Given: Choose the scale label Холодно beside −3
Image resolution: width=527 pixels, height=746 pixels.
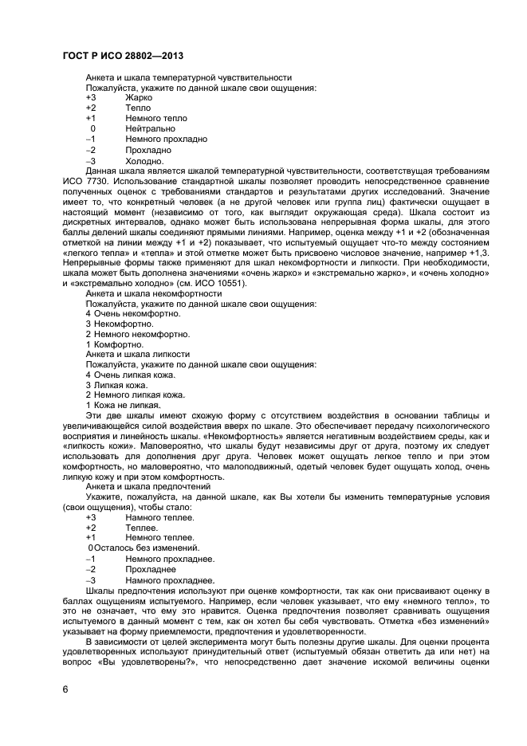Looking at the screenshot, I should (144, 160).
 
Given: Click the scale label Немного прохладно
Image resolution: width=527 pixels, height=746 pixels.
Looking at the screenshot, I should (166, 139).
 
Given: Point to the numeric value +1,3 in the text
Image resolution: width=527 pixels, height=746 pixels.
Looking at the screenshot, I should (478, 253).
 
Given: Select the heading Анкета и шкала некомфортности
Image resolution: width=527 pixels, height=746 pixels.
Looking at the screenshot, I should (154, 294).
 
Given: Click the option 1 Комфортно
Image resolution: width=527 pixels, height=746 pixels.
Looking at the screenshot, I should (115, 345).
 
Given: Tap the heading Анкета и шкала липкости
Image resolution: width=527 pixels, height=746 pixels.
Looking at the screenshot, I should (138, 355).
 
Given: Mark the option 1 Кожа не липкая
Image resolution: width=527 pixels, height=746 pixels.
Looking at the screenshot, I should (122, 406).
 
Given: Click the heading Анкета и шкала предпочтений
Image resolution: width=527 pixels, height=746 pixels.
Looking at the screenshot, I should (148, 486).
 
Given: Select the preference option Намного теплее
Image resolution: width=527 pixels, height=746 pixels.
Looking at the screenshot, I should (159, 517).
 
